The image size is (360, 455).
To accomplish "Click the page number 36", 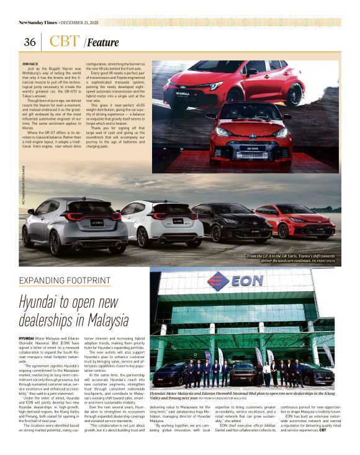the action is click(x=29, y=42).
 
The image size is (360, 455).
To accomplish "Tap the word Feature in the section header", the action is click(x=102, y=43).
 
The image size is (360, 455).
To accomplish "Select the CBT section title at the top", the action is click(x=63, y=42).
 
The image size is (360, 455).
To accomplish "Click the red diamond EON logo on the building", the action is click(x=218, y=281).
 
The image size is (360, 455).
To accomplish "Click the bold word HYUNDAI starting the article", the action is click(x=28, y=338).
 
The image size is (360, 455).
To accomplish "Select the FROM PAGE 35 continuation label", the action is click(x=30, y=64).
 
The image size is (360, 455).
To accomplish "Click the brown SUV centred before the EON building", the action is click(x=243, y=373).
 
